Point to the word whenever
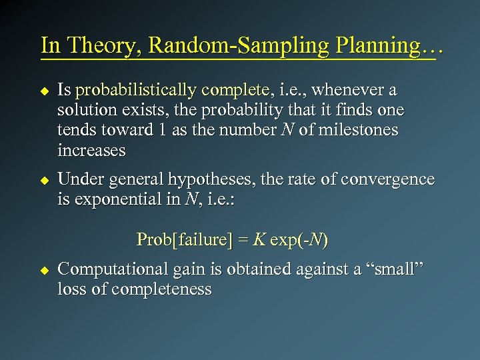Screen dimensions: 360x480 pos(353,89)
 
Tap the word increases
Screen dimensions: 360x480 pos(91,150)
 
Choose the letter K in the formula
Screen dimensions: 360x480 pos(257,239)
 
